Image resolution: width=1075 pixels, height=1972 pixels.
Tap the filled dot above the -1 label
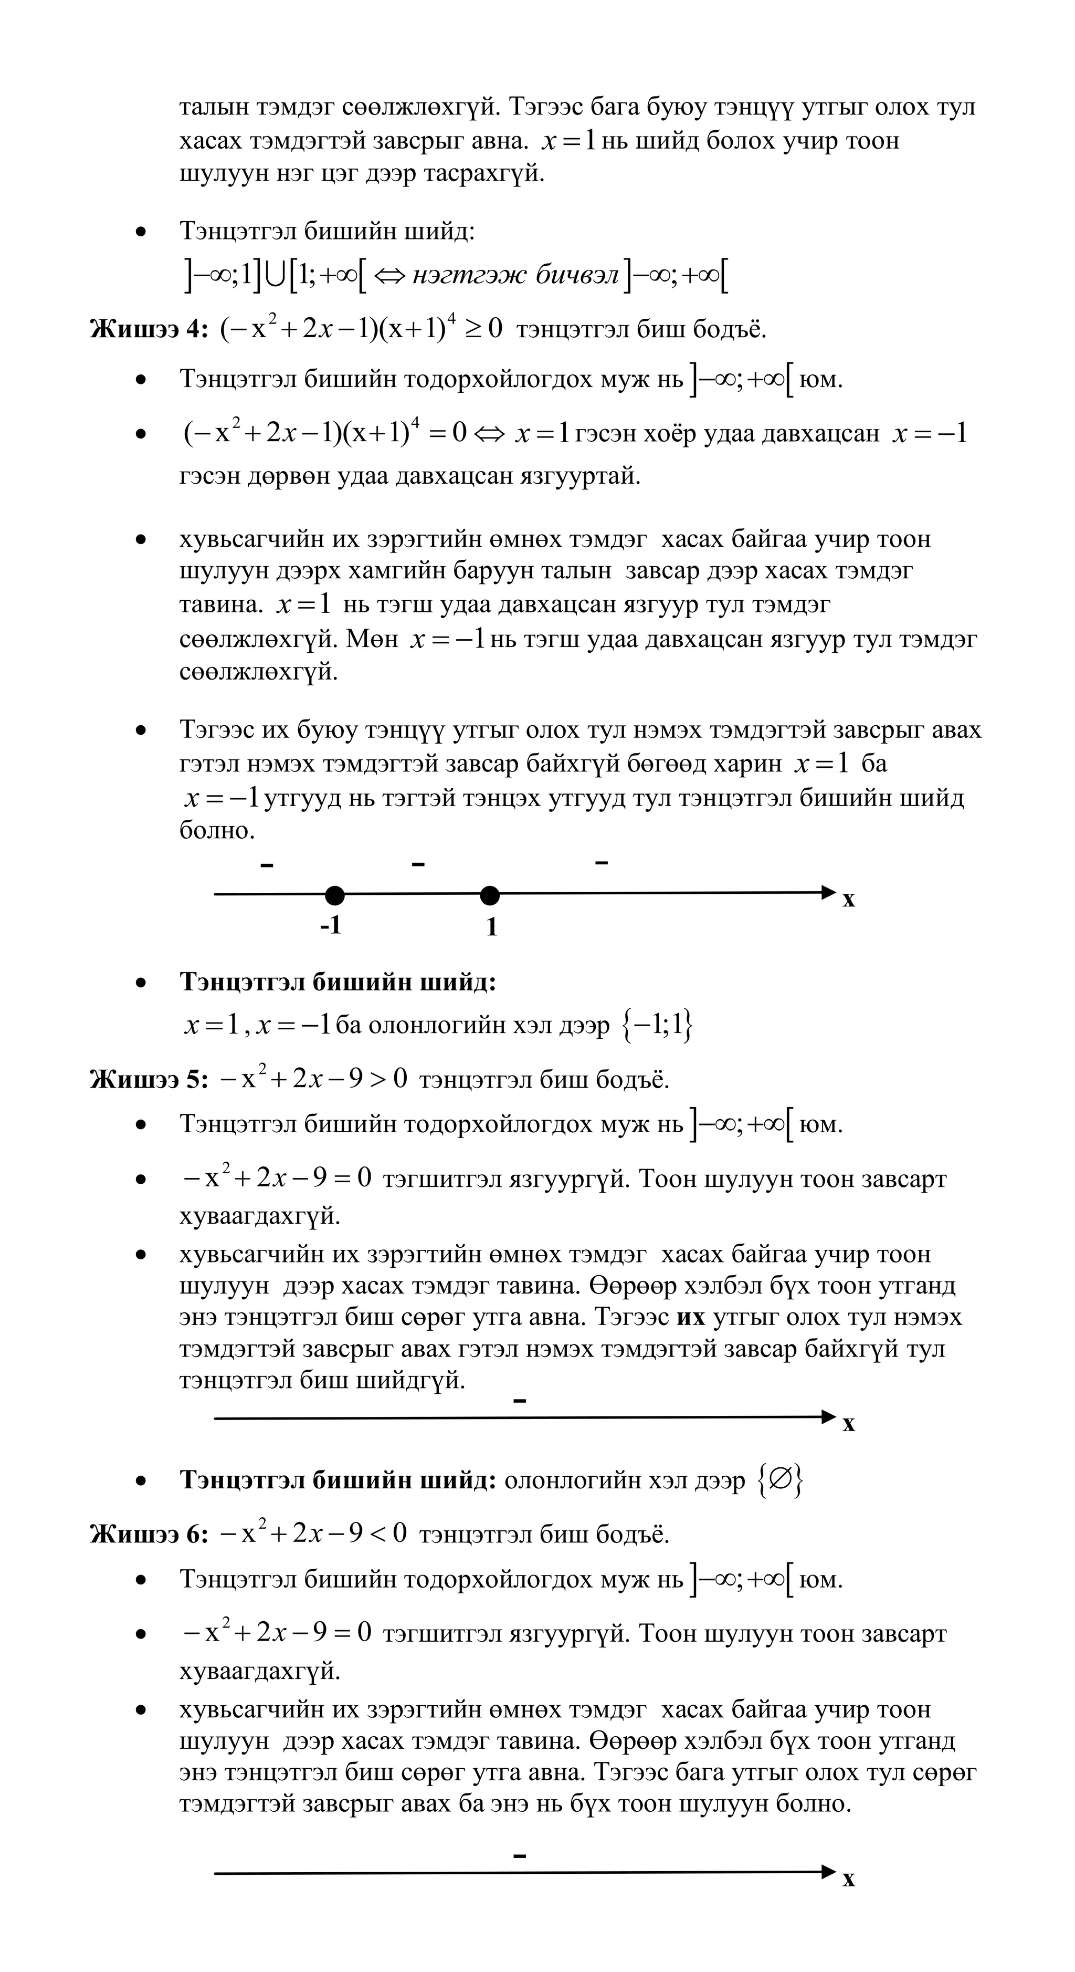click(x=334, y=895)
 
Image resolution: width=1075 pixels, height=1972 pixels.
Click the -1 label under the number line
click(x=331, y=925)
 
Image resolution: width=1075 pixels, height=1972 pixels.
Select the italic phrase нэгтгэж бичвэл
click(x=515, y=275)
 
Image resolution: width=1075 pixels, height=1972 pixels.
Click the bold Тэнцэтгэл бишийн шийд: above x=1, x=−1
click(x=338, y=982)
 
